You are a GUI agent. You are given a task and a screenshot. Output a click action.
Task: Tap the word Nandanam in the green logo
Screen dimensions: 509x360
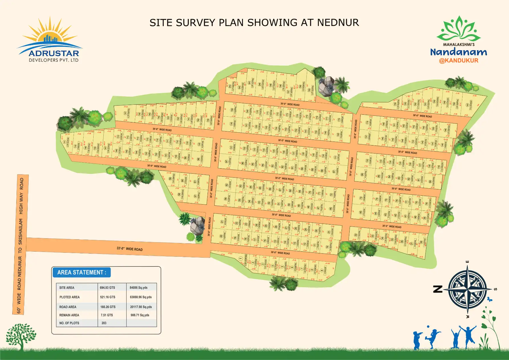click(x=459, y=52)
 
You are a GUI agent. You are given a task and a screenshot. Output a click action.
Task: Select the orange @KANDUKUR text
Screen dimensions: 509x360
click(x=459, y=60)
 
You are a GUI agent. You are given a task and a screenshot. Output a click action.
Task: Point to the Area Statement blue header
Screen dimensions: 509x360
click(x=82, y=272)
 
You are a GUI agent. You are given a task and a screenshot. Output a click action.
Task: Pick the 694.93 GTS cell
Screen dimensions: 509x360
click(x=108, y=288)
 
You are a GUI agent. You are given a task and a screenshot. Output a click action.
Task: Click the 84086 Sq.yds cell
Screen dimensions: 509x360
click(x=139, y=288)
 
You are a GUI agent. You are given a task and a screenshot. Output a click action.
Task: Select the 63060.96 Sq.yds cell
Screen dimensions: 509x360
click(x=141, y=297)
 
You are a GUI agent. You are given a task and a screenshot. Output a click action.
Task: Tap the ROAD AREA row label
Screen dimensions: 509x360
click(x=68, y=307)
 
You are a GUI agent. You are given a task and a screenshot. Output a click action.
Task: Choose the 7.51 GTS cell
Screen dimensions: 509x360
click(x=107, y=315)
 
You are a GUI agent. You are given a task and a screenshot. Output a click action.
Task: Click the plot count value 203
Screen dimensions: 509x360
click(x=104, y=323)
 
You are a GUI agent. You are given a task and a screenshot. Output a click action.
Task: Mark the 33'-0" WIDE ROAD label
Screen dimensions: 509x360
click(x=129, y=249)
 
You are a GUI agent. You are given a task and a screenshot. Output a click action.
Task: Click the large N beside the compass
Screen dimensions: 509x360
click(x=438, y=289)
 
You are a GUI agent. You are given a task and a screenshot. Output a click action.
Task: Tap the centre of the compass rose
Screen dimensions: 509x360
click(x=467, y=290)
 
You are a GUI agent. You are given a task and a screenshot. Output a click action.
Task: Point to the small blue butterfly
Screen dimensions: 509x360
click(x=490, y=299)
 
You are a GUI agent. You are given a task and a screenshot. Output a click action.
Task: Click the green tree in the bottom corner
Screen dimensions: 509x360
click(x=21, y=336)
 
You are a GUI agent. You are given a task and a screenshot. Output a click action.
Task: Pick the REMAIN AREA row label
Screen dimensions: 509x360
click(x=69, y=315)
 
